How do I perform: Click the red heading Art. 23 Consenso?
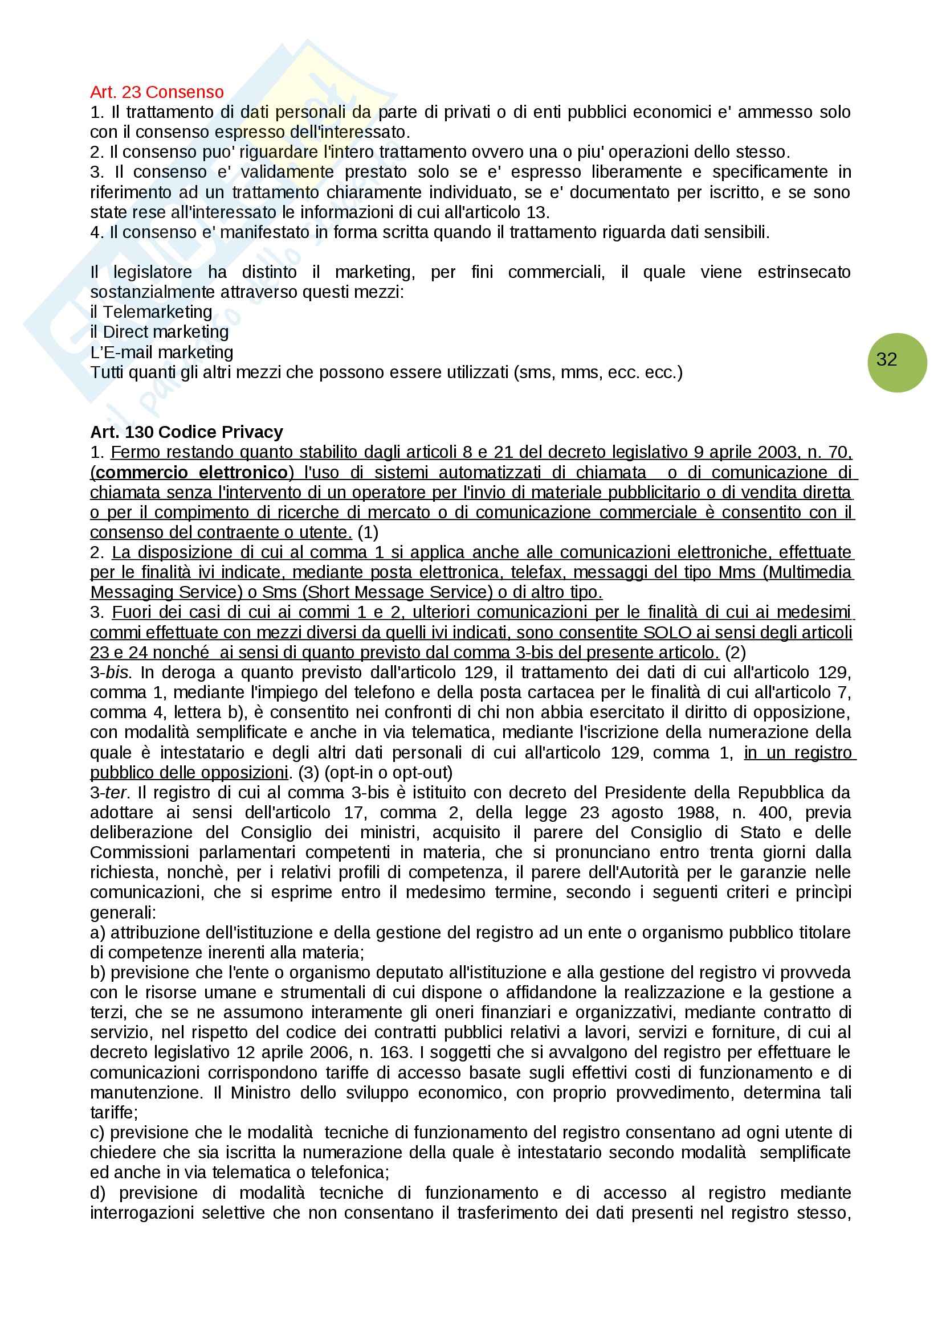(157, 92)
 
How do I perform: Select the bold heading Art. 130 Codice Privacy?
(186, 432)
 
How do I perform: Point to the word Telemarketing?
(157, 312)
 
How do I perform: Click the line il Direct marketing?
(160, 332)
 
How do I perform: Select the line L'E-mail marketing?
(162, 352)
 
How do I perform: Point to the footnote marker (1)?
(368, 532)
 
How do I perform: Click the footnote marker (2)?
(735, 653)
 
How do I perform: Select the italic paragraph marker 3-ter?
(109, 793)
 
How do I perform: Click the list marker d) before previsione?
(98, 1193)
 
